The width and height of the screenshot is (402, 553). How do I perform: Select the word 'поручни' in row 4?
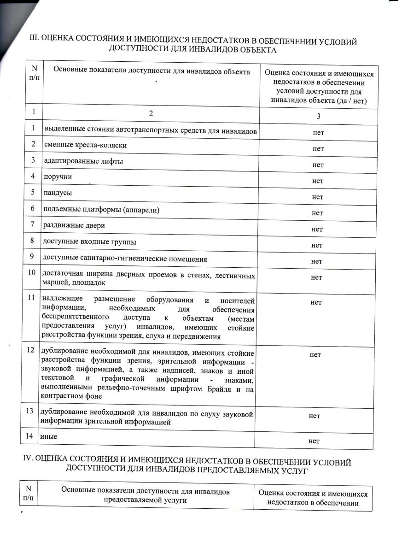pos(58,176)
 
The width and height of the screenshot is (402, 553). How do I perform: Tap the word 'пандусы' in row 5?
pos(58,193)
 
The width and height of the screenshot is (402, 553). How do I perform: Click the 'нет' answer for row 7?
pos(317,229)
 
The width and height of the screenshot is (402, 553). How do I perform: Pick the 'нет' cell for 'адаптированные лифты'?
pos(317,165)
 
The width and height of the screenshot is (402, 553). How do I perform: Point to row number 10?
pos(32,272)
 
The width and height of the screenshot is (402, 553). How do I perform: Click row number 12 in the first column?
pos(31,350)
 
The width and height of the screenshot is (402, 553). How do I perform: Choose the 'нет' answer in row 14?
pos(315,441)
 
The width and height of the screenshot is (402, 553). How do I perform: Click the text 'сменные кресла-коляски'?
pos(85,145)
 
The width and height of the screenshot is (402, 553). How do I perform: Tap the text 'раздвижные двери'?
pos(74,225)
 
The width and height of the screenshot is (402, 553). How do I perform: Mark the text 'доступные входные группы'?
pos(89,241)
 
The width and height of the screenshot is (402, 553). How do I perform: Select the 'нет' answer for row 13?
pos(315,416)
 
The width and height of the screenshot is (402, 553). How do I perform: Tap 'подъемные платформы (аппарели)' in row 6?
pos(101,209)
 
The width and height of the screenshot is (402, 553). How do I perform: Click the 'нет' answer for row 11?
pos(316,302)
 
